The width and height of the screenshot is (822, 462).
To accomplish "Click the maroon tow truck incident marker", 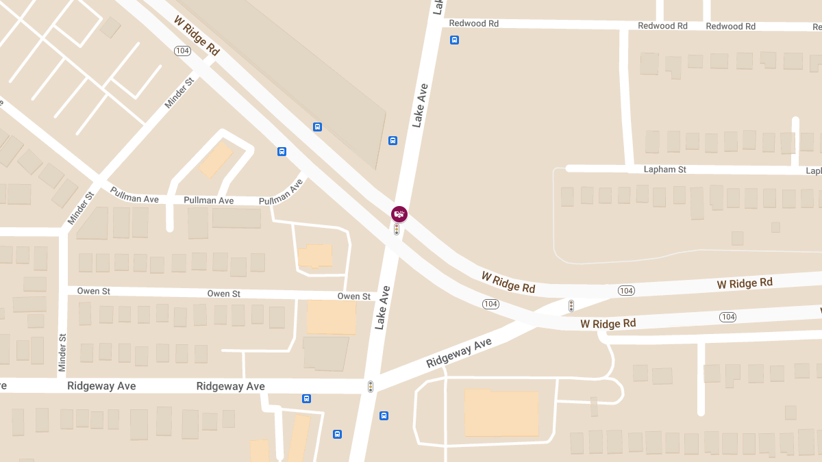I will click(x=399, y=214).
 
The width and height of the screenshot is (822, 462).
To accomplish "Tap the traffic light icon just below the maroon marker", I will click(x=397, y=230).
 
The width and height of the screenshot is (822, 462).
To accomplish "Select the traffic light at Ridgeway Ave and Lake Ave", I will click(x=371, y=387).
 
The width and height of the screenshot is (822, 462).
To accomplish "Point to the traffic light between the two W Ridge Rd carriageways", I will click(x=571, y=306).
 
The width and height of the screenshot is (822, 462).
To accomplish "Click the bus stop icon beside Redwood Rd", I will click(x=454, y=40).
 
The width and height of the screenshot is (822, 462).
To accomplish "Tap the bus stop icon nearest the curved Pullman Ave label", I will click(x=282, y=151).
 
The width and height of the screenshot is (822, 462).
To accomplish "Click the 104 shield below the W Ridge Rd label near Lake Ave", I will click(x=490, y=304).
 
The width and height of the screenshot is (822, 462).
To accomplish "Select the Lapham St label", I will click(x=664, y=169).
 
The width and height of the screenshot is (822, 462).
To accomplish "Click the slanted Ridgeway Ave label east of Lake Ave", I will click(x=459, y=353).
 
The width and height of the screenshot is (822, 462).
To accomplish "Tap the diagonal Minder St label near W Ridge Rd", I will click(x=179, y=93).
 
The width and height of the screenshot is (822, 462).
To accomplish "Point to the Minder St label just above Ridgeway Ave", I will click(x=62, y=352).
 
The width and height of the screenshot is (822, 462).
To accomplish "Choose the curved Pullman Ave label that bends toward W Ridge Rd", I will click(x=281, y=192).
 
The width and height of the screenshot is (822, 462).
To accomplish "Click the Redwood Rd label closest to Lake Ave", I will click(x=473, y=23).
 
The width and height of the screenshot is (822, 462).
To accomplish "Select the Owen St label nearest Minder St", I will click(x=94, y=291).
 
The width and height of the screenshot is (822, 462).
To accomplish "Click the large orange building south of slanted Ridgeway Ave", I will click(x=501, y=413).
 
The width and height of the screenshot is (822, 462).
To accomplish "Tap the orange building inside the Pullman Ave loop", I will click(x=215, y=160).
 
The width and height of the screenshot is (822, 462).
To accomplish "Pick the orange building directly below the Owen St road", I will click(x=331, y=317).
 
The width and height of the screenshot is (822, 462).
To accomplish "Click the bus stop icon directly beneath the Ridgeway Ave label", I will click(x=306, y=398).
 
